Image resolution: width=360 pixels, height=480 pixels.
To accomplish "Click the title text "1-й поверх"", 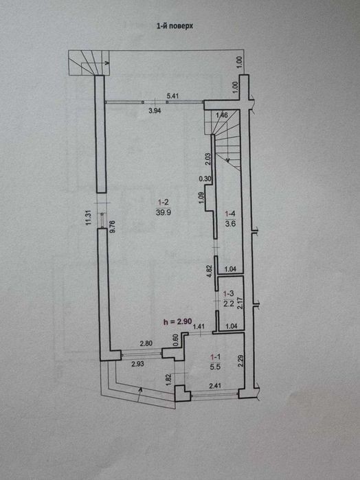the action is [x=175, y=26].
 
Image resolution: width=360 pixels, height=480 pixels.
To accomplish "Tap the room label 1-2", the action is [x=164, y=202].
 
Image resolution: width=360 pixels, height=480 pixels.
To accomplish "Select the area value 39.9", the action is [x=164, y=212].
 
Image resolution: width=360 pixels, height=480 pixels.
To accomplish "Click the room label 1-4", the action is [x=230, y=214].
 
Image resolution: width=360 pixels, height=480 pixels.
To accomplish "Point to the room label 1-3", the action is [x=229, y=294].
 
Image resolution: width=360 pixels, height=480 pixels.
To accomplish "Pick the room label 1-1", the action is [x=216, y=356].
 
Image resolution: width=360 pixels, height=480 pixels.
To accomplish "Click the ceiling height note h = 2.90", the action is [x=178, y=321].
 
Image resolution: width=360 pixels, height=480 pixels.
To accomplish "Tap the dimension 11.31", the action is [x=89, y=218].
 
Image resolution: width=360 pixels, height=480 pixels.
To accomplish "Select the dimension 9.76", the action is [x=112, y=227].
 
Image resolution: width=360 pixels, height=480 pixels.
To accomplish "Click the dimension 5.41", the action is [x=172, y=96].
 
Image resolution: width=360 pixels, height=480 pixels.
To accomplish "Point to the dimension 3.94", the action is [x=155, y=111].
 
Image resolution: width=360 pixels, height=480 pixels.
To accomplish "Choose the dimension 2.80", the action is [x=146, y=344].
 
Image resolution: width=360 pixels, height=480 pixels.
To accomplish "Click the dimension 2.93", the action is [x=138, y=364].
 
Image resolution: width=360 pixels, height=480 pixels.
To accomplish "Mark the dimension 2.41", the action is [x=216, y=386].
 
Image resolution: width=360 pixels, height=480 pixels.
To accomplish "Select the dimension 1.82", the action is [x=168, y=380].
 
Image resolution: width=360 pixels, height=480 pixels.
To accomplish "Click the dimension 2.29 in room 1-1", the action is [x=241, y=361].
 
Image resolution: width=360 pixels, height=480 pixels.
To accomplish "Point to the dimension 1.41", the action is [x=199, y=327].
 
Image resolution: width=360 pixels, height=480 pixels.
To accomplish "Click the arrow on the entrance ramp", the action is [x=139, y=394].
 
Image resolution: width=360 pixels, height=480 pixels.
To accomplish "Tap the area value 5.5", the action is [x=216, y=367].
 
